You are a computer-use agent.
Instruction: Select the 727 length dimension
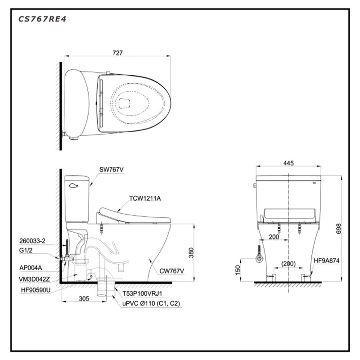118,53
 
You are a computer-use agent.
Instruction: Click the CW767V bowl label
171,271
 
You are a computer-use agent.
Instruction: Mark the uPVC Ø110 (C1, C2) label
151,304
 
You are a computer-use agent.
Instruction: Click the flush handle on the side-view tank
74,183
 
